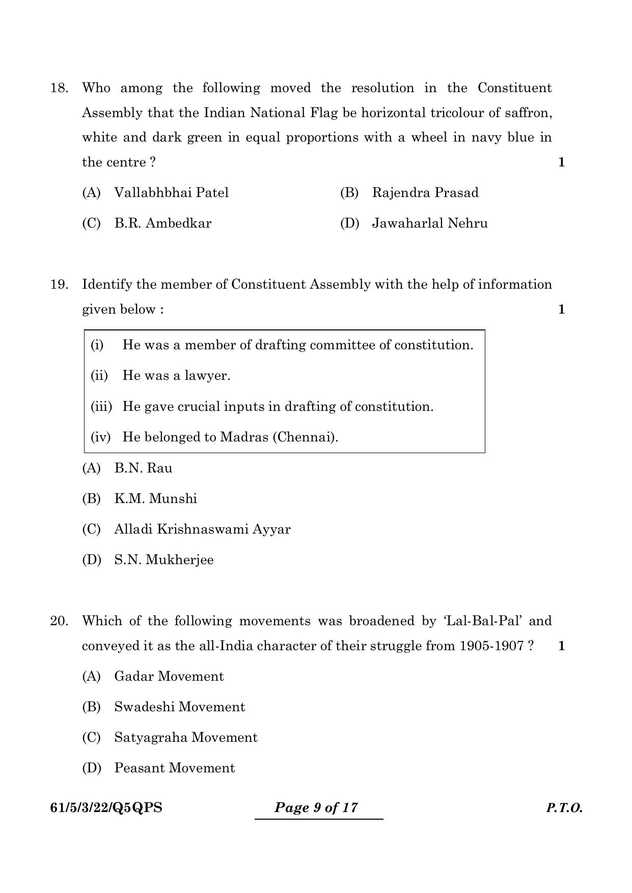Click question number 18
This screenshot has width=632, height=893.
59,88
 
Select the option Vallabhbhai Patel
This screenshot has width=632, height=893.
171,193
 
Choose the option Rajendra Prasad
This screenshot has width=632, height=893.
425,193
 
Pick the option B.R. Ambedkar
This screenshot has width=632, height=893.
162,224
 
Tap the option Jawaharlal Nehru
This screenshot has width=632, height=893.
429,224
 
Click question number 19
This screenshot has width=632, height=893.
59,285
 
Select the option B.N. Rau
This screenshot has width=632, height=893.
143,468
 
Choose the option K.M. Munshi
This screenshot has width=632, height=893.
155,499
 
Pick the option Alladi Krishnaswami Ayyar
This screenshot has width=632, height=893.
202,529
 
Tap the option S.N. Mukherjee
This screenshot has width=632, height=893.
163,560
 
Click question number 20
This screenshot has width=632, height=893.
59,621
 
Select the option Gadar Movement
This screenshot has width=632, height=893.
169,677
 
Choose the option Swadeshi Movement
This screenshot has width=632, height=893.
179,707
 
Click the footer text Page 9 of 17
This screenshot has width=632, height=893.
316,808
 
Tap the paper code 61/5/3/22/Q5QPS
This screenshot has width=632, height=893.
106,808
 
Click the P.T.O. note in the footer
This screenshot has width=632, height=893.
564,808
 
